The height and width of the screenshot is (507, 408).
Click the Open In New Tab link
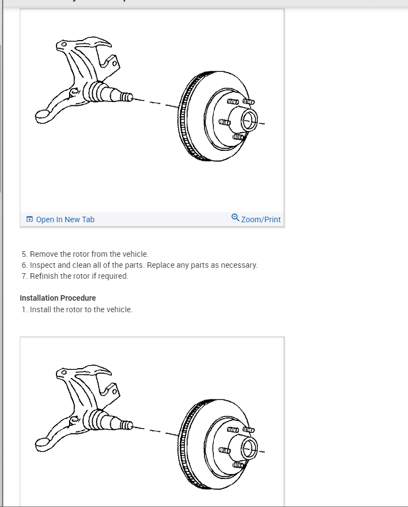pos(65,219)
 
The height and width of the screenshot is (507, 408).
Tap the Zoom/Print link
pos(260,219)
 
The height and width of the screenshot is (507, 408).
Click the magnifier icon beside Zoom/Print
pos(235,218)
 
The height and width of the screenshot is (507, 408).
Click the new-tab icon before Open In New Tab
pos(30,219)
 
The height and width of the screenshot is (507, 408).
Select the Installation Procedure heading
pos(58,298)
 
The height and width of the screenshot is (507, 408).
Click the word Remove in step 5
pos(43,254)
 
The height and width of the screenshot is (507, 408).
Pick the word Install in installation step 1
pos(41,309)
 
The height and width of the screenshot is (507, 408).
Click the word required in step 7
pos(112,276)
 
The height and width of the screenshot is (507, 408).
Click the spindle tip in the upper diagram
pos(127,97)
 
